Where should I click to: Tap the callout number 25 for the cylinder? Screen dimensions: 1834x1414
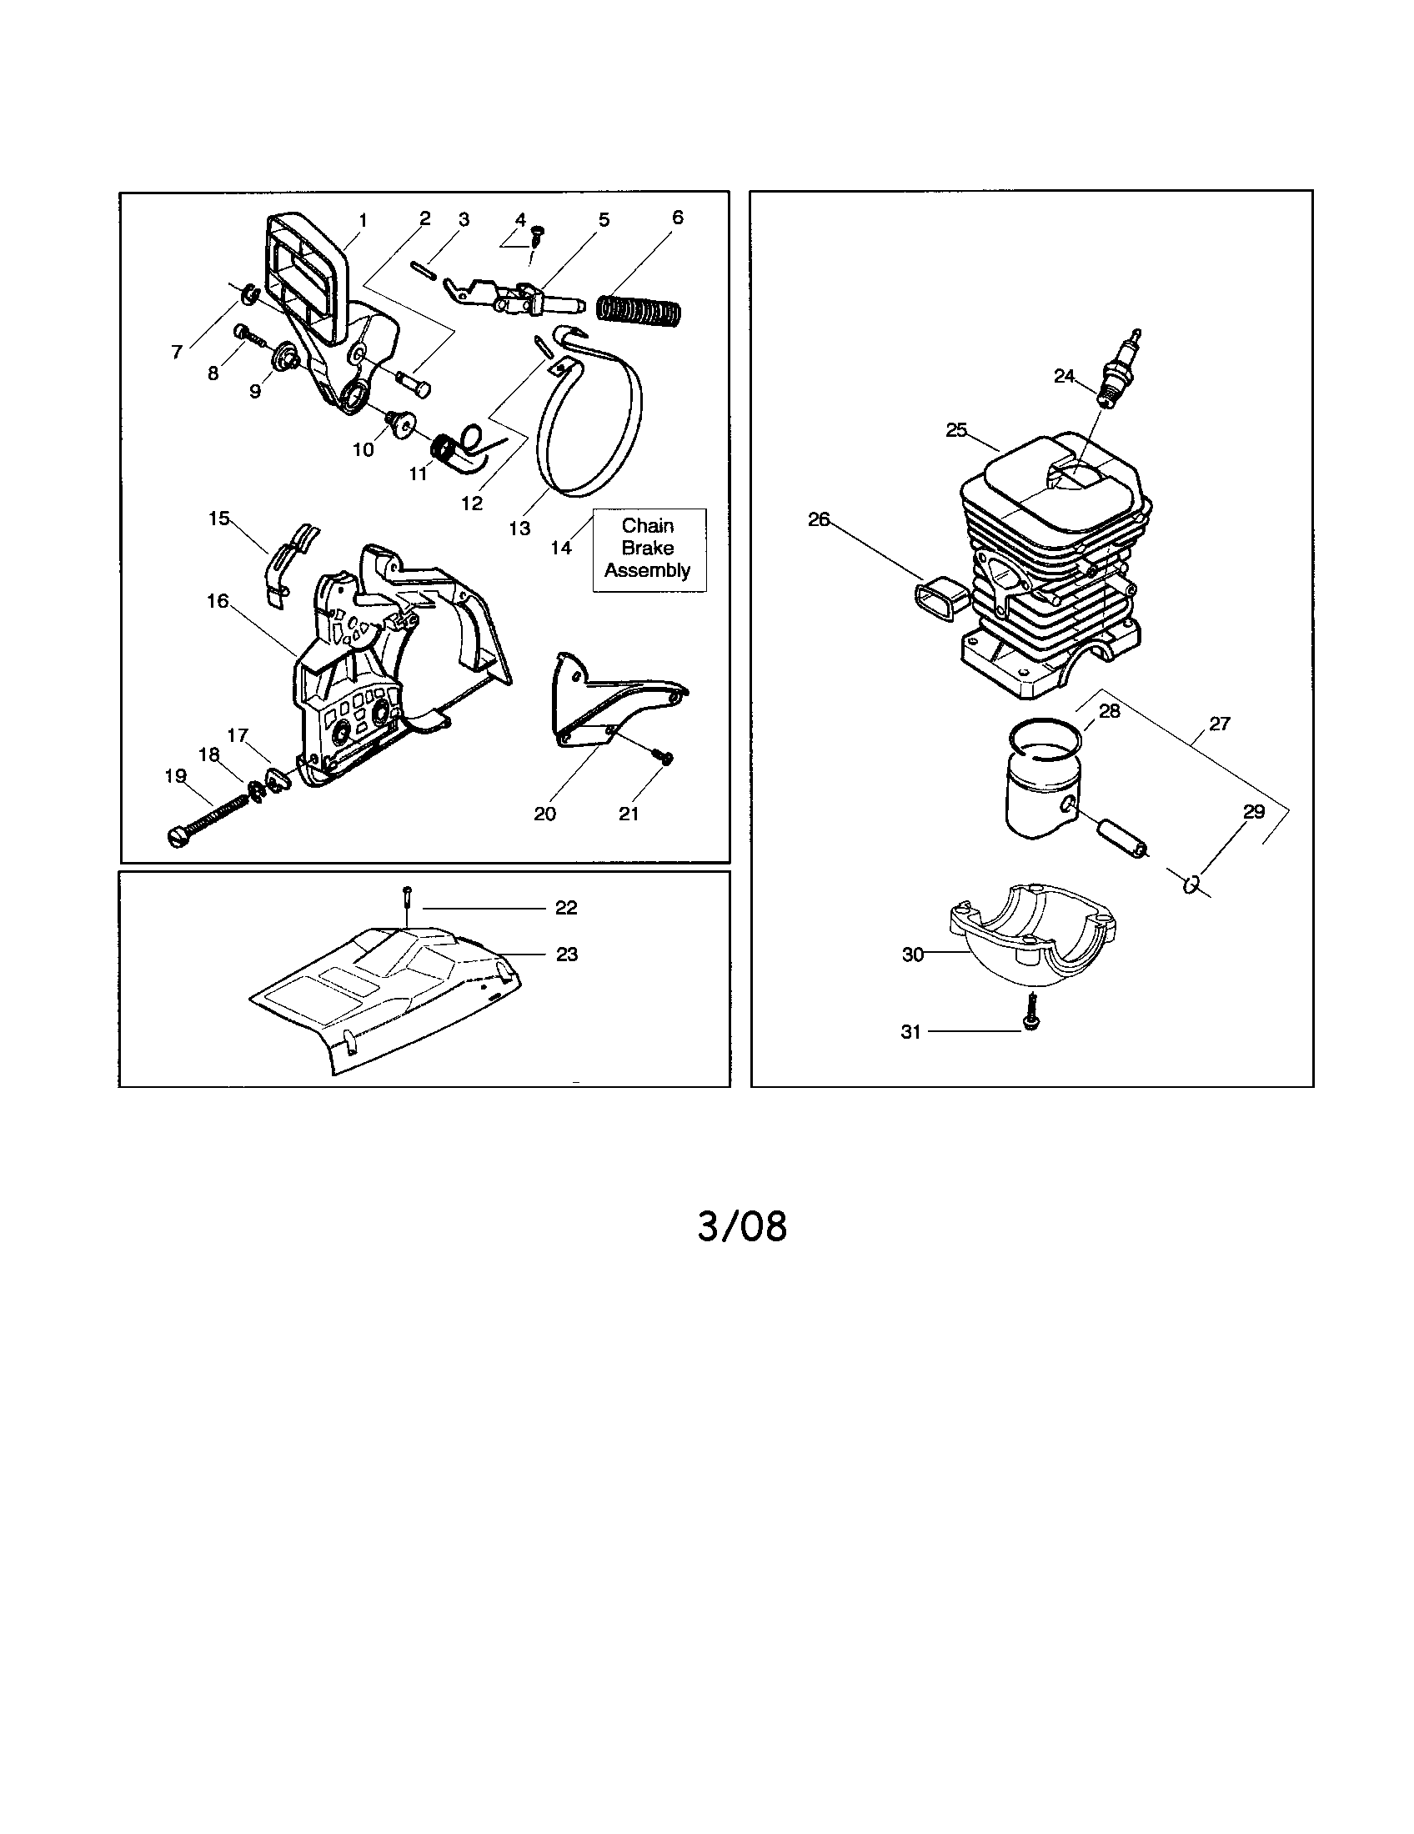[956, 430]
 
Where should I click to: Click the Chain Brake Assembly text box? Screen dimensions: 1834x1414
[649, 549]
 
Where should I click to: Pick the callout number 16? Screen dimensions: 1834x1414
[218, 601]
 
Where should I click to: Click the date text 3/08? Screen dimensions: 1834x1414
[742, 1227]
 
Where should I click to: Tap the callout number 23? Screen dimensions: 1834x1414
[567, 955]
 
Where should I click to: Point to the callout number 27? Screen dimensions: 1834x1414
[1219, 723]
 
